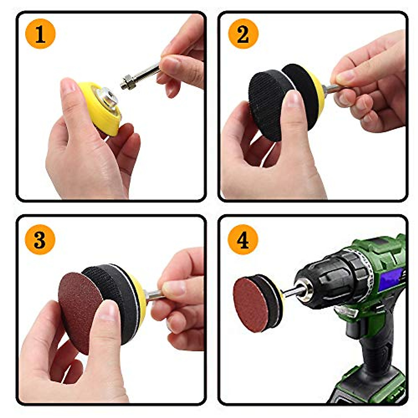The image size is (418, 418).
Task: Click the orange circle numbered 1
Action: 40,34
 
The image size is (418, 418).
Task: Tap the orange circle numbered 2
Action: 243,34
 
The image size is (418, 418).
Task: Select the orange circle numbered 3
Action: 40,239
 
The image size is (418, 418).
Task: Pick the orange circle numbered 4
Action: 243,239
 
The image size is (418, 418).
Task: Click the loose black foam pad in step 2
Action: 268,104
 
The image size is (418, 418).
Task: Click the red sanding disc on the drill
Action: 251,303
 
